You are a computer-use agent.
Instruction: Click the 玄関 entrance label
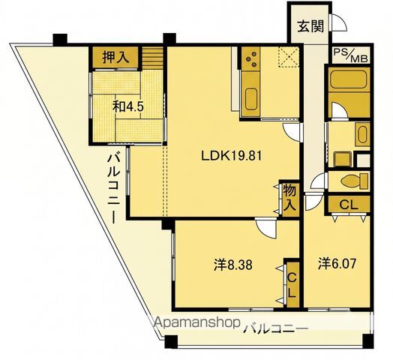tap(310, 26)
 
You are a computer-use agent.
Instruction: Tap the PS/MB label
tap(351, 55)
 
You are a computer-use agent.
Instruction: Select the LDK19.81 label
tap(232, 156)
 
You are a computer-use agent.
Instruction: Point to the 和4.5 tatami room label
tap(127, 106)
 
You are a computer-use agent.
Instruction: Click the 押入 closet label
tap(115, 58)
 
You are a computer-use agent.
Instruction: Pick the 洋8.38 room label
tap(233, 265)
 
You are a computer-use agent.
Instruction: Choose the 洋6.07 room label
tap(337, 264)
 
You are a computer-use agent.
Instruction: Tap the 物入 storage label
tap(289, 198)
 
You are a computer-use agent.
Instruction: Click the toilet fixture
tap(355, 180)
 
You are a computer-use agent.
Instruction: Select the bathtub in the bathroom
tap(349, 79)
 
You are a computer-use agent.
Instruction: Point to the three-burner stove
tap(251, 58)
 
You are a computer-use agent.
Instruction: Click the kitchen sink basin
tap(251, 99)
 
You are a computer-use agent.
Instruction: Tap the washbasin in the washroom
tap(362, 134)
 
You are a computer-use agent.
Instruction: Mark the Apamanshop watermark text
tap(197, 322)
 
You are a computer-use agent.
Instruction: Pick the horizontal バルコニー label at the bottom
tap(276, 328)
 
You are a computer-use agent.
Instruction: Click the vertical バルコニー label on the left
tap(113, 188)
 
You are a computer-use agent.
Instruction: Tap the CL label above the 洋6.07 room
tap(349, 205)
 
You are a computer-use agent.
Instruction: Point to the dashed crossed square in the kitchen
tap(288, 58)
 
